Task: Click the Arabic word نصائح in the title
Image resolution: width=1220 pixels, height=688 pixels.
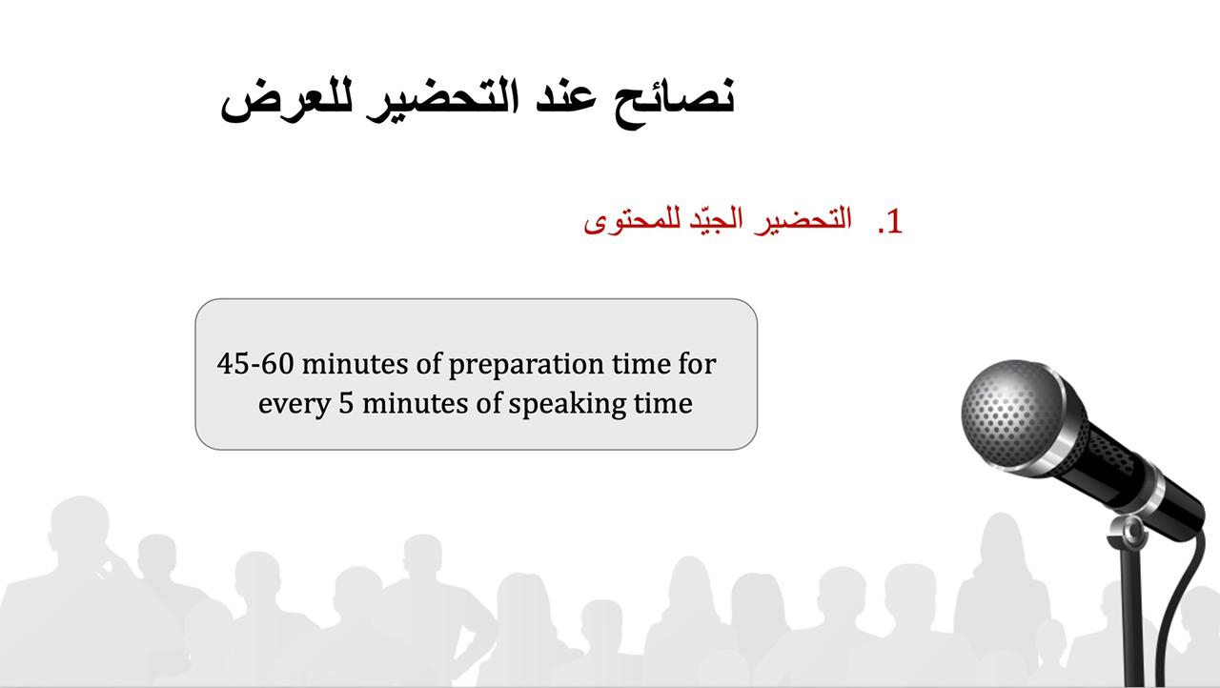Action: [x=675, y=102]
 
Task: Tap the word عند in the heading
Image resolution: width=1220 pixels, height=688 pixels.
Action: [x=566, y=98]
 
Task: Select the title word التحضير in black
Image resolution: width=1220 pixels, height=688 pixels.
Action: [x=442, y=100]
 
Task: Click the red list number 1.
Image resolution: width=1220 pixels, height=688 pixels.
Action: [x=890, y=221]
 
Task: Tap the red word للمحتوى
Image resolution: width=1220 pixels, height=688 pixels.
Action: [x=632, y=221]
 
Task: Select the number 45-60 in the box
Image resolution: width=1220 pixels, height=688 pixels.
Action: [x=255, y=364]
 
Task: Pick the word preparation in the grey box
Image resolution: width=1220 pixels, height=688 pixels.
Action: [x=526, y=365]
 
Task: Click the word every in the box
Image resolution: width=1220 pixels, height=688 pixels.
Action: [x=295, y=405]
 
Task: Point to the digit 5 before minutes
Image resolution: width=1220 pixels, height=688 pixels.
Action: [x=346, y=403]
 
